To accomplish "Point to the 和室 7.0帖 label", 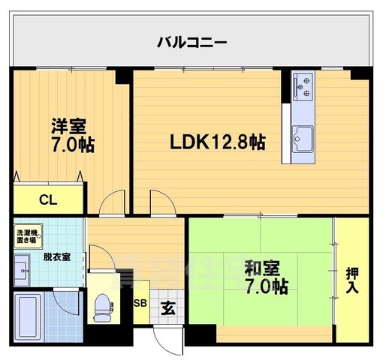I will click(x=266, y=275).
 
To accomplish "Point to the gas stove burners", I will click(x=304, y=85).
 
